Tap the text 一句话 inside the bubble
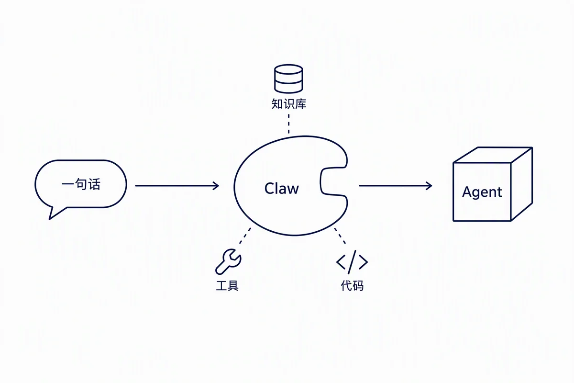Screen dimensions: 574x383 coord(81,184)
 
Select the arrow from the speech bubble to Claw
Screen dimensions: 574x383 coord(177,185)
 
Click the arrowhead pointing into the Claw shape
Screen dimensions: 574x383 coord(216,185)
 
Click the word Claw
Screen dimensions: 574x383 coord(281,189)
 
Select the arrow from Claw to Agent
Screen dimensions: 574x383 coord(396,185)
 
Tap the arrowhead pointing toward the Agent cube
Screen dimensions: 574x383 coord(429,185)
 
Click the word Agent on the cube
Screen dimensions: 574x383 coord(482,192)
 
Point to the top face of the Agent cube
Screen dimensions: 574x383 coord(493,155)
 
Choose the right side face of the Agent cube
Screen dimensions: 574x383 coord(522,184)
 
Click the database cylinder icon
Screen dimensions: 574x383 coord(288,79)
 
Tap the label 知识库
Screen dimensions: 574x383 coord(289,104)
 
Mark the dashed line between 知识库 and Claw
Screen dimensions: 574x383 coord(289,124)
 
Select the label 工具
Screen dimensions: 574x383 coord(227,285)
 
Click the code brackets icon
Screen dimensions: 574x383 coord(352,262)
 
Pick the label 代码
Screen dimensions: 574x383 coord(352,285)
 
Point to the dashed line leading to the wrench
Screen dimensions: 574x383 coord(245,236)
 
